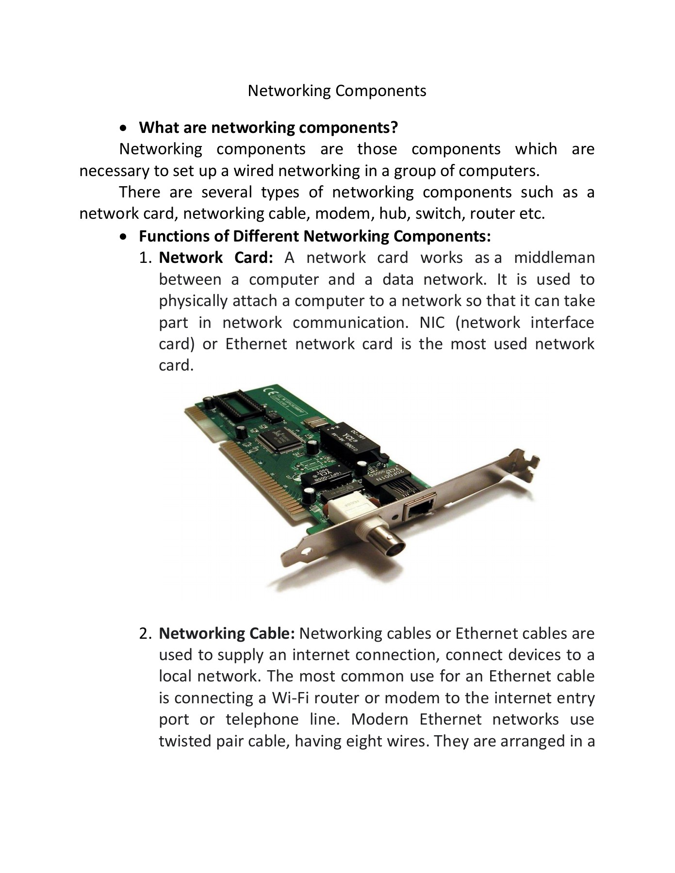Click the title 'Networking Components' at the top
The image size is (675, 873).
tap(337, 91)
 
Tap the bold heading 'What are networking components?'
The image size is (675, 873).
tap(268, 128)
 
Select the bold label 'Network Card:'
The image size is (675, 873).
tap(216, 258)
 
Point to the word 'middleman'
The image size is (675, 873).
tap(554, 258)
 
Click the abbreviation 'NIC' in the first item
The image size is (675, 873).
tap(432, 323)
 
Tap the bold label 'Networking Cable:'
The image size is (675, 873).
tap(227, 633)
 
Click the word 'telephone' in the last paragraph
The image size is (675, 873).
tap(262, 719)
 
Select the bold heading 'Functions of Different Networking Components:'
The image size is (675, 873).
tap(314, 236)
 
